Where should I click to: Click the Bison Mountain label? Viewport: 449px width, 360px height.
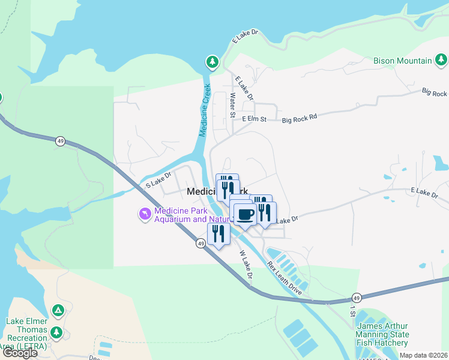402,61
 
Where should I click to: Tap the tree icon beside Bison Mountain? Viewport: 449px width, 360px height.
441,59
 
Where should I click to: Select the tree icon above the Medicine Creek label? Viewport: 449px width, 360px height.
212,62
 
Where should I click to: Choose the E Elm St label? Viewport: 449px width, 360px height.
254,120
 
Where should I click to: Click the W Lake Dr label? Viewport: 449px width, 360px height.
245,265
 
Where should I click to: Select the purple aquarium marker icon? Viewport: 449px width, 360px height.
145,214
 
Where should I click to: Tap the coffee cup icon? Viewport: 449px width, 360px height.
244,214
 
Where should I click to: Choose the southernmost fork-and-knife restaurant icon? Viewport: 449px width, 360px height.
218,233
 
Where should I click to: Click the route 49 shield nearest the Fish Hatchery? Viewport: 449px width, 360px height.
356,298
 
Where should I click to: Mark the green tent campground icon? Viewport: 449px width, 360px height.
58,310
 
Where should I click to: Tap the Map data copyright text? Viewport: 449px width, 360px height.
423,355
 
